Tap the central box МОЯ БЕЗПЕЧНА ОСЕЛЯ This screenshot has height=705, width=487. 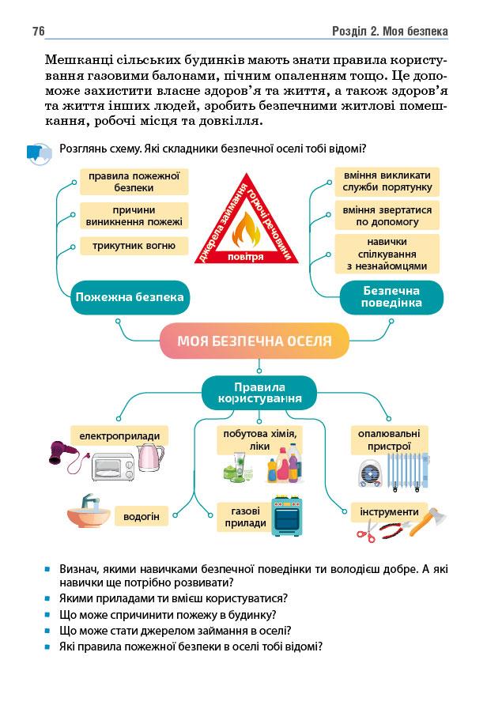pyautogui.click(x=254, y=341)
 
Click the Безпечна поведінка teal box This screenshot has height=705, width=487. pyautogui.click(x=391, y=297)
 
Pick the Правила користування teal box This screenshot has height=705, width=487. pyautogui.click(x=259, y=393)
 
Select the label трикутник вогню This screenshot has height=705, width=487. pyautogui.click(x=134, y=246)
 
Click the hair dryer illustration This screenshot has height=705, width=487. pyautogui.click(x=66, y=455)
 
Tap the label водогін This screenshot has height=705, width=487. pyautogui.click(x=142, y=518)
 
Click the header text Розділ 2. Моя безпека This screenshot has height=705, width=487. pyautogui.click(x=391, y=31)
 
